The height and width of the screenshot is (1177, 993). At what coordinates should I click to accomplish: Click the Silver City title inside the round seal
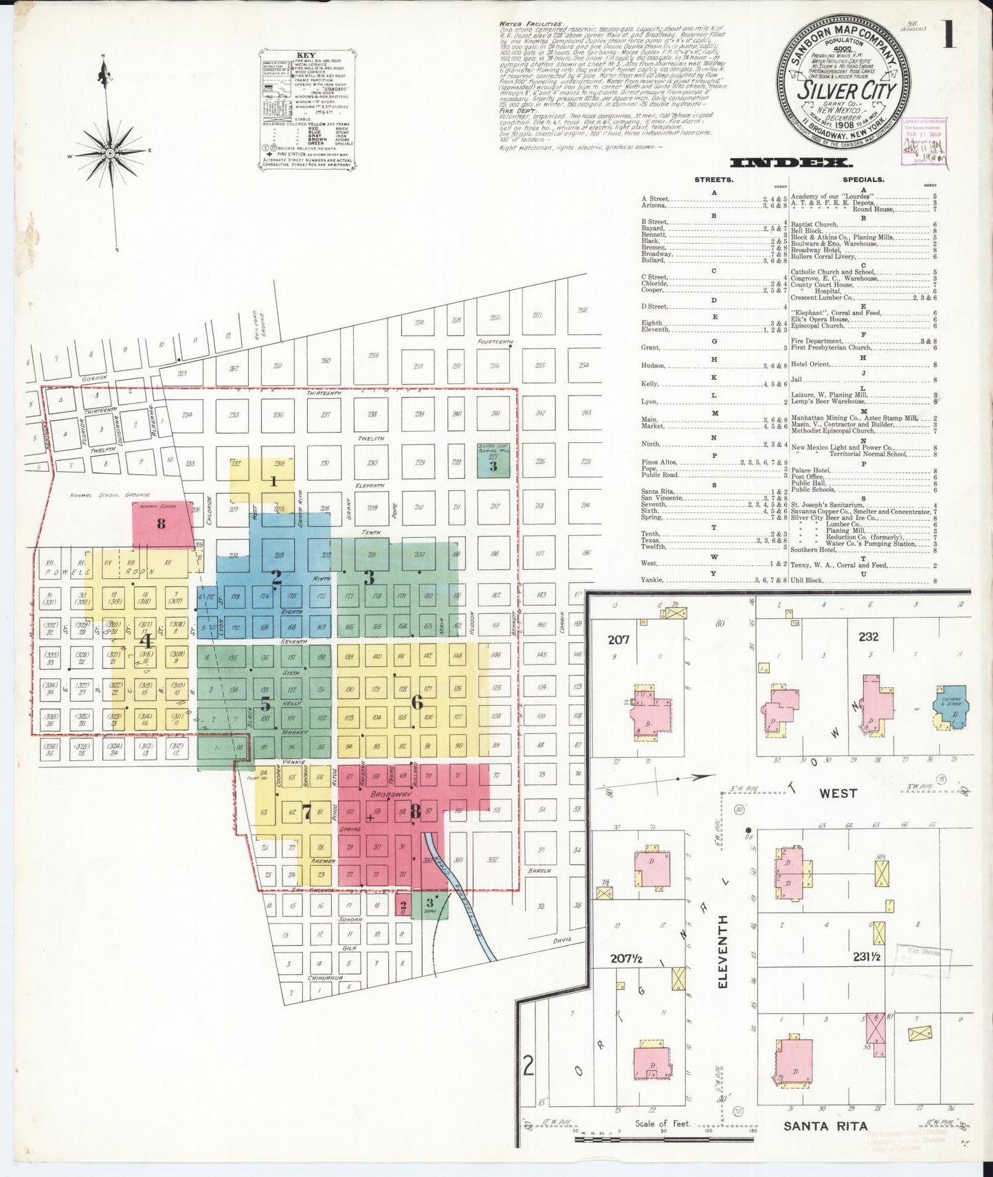pos(847,91)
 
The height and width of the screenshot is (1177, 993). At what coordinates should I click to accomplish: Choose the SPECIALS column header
pos(864,180)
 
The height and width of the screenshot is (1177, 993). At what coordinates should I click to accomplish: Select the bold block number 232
pos(868,637)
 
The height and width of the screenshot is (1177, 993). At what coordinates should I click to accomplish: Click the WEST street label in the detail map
pos(838,793)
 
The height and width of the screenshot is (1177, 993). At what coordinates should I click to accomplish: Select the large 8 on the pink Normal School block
pos(161,524)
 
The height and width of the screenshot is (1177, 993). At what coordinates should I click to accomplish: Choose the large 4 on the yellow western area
pos(145,641)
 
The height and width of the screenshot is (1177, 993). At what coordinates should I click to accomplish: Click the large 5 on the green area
pos(265,705)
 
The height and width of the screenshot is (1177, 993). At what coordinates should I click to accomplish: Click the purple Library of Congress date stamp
pos(922,142)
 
